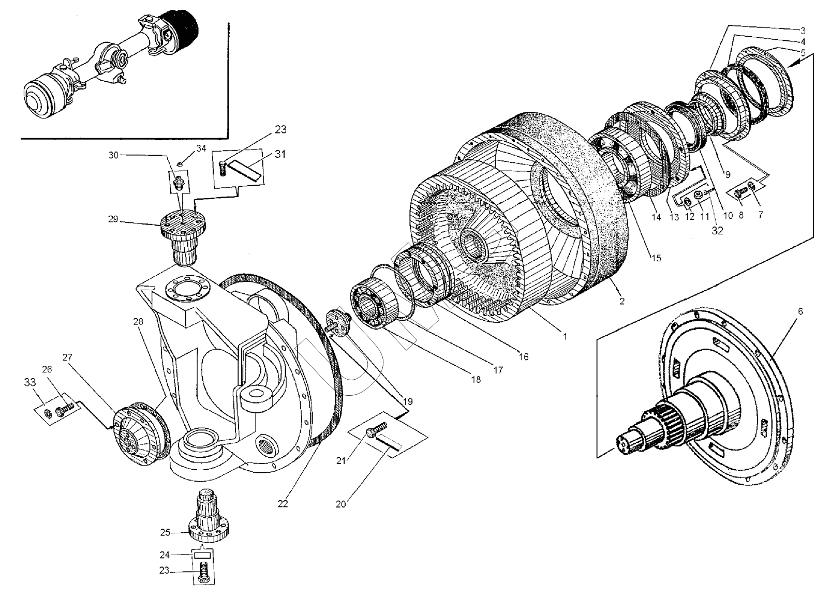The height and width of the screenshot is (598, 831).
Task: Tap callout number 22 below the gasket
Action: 283,503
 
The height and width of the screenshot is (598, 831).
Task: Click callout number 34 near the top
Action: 201,148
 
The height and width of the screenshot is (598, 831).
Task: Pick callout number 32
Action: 717,231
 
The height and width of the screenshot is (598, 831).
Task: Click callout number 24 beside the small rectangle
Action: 165,555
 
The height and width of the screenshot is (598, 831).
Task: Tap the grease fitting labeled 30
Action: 179,182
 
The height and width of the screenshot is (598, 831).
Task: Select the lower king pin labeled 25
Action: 210,517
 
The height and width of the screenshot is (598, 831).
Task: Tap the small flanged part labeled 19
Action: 339,323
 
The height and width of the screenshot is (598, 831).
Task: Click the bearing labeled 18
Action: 373,306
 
